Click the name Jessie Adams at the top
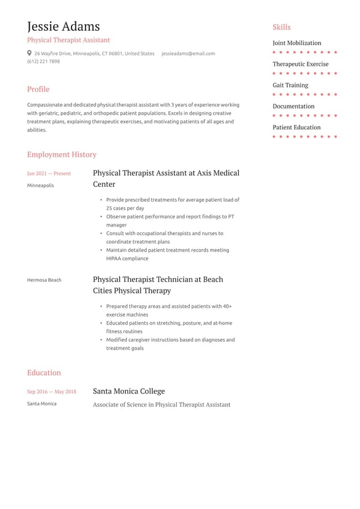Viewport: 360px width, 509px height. tap(63, 27)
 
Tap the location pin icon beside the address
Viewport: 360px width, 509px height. tap(30, 54)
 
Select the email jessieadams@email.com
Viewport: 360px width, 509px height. tap(188, 54)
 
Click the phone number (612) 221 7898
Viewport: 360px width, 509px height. tap(43, 62)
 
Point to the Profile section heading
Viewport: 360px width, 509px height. tap(38, 89)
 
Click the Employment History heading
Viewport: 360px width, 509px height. tap(62, 155)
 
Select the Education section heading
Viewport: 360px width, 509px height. tap(44, 373)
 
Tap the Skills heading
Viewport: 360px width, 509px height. tap(281, 27)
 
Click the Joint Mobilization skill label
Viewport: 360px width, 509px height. tap(297, 43)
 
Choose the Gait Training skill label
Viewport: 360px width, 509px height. tap(290, 85)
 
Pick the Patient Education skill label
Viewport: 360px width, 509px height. tap(297, 128)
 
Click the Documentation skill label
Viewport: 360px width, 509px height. tap(293, 106)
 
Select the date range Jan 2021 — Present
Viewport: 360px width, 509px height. tap(49, 174)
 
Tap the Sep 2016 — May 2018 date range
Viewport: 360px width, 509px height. tap(52, 392)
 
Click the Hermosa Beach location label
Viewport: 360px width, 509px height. tap(44, 280)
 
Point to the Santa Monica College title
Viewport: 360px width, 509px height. tap(129, 391)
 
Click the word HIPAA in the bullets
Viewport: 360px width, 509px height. tap(114, 259)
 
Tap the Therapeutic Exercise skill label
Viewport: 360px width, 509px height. tap(300, 64)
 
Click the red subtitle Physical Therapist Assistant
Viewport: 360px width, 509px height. tap(68, 40)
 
